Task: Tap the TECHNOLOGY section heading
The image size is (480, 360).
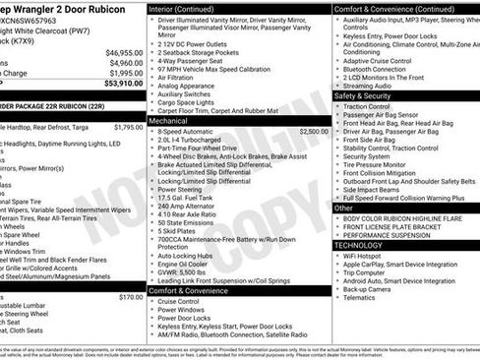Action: tap(366, 244)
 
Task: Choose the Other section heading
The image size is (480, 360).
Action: tap(344, 208)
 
